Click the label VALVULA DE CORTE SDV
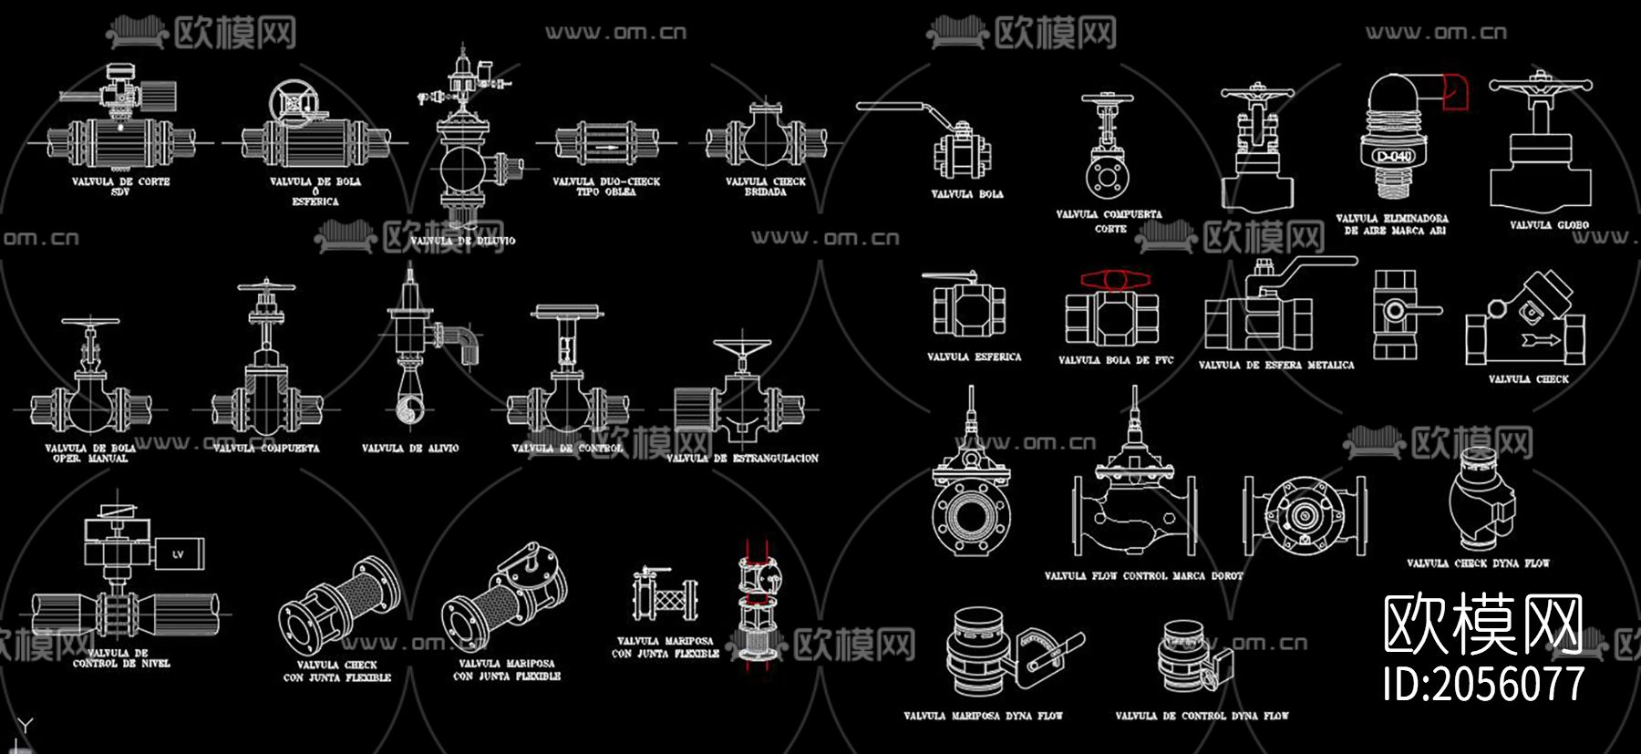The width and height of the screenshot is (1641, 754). (120, 186)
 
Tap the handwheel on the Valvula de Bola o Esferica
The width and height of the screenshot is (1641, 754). (293, 102)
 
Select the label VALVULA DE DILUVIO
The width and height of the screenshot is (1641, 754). (462, 241)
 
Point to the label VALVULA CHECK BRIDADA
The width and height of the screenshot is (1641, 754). (766, 186)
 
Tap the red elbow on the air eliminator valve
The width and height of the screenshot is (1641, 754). (1454, 92)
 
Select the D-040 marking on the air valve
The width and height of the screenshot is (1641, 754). (1394, 157)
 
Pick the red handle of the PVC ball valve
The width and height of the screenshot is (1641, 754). (1115, 279)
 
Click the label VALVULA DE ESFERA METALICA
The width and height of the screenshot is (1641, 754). (1275, 365)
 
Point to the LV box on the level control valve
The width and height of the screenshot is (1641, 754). (178, 553)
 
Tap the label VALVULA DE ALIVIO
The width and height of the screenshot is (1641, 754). (410, 448)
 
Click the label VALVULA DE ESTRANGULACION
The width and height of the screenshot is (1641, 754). (742, 458)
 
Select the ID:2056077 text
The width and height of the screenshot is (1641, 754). (1483, 683)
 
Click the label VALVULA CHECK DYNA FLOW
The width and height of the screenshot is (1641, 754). (1477, 563)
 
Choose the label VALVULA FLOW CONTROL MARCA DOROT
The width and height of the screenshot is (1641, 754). (1143, 575)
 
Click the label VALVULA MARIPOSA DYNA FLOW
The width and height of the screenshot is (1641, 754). (983, 716)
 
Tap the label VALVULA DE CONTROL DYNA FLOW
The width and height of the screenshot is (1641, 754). (1202, 716)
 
